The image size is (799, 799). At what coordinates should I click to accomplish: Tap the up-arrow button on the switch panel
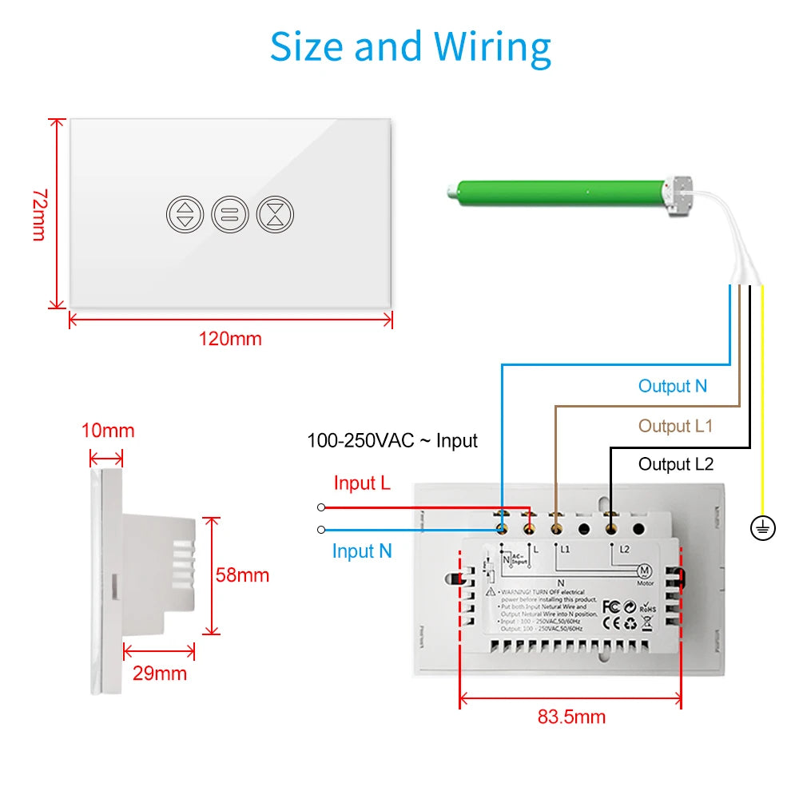[x=185, y=214]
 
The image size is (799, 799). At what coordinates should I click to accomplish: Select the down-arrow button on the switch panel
[x=276, y=214]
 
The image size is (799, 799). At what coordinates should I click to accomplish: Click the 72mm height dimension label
[x=39, y=214]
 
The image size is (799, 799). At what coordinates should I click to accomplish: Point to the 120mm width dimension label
[x=230, y=339]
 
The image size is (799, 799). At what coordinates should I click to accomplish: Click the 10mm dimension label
[x=107, y=431]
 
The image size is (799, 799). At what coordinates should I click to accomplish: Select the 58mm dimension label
[x=242, y=575]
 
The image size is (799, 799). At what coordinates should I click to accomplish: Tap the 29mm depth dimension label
[x=160, y=674]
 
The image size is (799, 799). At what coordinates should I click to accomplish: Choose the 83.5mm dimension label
[x=571, y=717]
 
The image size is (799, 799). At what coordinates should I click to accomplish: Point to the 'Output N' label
[x=673, y=387]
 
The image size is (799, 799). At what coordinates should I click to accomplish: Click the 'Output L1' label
[x=675, y=427]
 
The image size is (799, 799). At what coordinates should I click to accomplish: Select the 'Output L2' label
[x=676, y=464]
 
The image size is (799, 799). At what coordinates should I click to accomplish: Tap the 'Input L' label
[x=362, y=483]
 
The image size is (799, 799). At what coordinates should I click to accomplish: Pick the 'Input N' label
[x=362, y=551]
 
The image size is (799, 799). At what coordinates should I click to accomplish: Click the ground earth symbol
[x=763, y=528]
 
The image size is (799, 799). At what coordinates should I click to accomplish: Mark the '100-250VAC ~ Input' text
[x=392, y=440]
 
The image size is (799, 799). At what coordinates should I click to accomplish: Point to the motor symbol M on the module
[x=644, y=570]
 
